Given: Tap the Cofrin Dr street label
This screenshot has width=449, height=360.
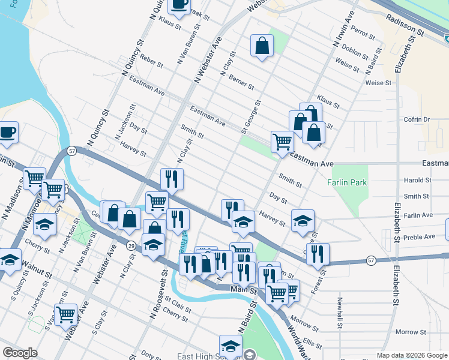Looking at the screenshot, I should [x=418, y=119].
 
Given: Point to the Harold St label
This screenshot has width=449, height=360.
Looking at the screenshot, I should [x=418, y=180].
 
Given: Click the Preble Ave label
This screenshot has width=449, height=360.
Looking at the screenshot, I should [x=421, y=236].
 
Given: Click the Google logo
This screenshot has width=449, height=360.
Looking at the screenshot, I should [x=20, y=353].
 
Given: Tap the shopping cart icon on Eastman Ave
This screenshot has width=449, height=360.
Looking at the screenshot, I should [x=282, y=142].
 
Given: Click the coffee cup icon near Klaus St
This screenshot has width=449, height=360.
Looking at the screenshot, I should [x=179, y=5].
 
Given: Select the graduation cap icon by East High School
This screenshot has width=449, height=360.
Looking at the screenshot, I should [x=230, y=345].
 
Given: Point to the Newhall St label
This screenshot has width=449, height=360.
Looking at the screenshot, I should [x=339, y=313].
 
